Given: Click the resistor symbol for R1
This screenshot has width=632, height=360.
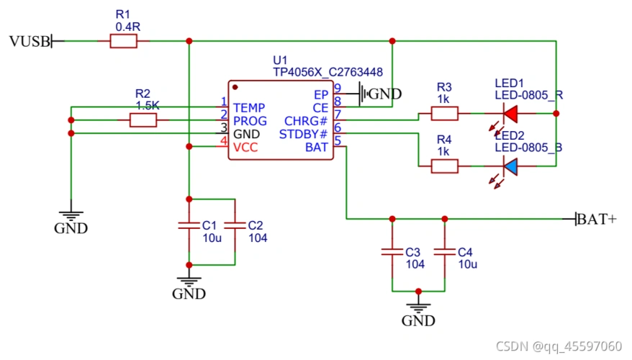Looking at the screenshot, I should pyautogui.click(x=123, y=42).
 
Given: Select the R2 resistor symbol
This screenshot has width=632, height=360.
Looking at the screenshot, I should pyautogui.click(x=143, y=120).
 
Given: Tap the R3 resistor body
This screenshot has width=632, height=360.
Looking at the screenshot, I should pyautogui.click(x=444, y=113).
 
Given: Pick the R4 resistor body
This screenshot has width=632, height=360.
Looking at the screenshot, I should pyautogui.click(x=444, y=166).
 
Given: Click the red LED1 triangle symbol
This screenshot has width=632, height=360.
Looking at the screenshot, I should pyautogui.click(x=511, y=113).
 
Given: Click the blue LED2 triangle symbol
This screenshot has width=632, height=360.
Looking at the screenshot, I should pyautogui.click(x=511, y=166).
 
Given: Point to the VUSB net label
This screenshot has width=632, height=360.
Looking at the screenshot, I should pyautogui.click(x=30, y=42).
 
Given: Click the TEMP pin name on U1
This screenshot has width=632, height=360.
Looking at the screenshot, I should pyautogui.click(x=249, y=107).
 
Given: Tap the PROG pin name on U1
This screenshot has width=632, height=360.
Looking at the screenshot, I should pyautogui.click(x=250, y=121).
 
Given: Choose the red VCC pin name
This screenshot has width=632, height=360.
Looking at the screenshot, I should pyautogui.click(x=245, y=147).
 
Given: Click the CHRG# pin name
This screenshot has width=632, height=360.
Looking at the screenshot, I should pyautogui.click(x=306, y=121).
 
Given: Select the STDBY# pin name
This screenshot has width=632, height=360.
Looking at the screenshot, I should pyautogui.click(x=303, y=134).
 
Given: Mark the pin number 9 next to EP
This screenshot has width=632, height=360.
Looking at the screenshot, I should pyautogui.click(x=337, y=89).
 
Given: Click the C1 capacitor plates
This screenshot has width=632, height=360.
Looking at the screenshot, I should pyautogui.click(x=189, y=225).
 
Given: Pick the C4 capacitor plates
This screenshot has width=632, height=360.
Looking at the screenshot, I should pyautogui.click(x=444, y=252).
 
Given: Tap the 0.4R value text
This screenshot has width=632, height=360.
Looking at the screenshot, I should pyautogui.click(x=127, y=26).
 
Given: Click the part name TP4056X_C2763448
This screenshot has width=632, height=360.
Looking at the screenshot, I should pyautogui.click(x=328, y=73).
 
